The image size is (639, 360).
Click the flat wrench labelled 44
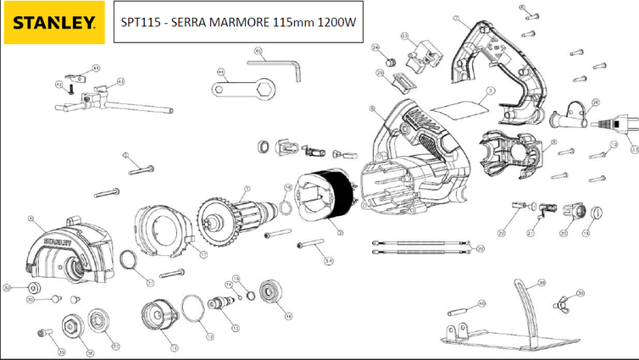tap(241, 86)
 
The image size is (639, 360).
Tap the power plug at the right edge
tap(619, 125)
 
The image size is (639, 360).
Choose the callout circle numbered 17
tap(204, 253)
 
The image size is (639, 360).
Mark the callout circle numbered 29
tap(481, 249)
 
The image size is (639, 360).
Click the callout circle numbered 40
tap(483, 302)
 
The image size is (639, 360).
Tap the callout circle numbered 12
tap(236, 327)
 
